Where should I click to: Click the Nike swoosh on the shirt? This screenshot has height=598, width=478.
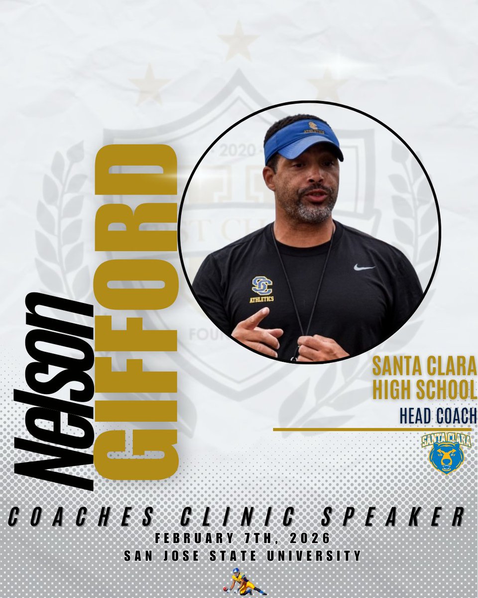(364, 267)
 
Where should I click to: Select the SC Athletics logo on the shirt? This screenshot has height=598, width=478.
(262, 288)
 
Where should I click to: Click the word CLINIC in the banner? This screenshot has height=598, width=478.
(241, 517)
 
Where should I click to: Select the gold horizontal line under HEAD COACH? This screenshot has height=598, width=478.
(371, 429)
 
